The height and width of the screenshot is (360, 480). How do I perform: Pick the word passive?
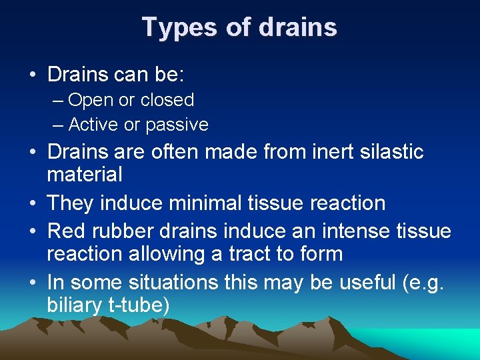(177, 125)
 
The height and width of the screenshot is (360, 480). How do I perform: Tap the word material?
(85, 175)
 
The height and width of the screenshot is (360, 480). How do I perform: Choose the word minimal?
(218, 203)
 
